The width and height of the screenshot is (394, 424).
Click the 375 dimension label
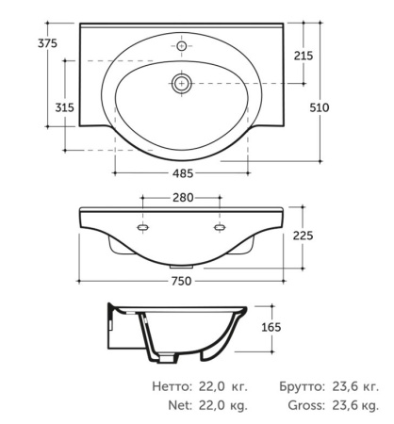tap(48, 43)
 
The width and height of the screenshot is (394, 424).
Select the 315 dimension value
tap(65, 107)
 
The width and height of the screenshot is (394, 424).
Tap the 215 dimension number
tap(304, 56)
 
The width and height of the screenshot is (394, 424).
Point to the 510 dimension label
tap(320, 107)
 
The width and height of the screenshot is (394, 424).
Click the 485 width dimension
tap(183, 173)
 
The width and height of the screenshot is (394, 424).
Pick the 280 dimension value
tap(183, 198)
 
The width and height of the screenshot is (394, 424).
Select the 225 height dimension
tap(304, 236)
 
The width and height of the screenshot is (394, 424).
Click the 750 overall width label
tap(182, 281)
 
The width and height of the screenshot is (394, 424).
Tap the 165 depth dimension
tap(271, 327)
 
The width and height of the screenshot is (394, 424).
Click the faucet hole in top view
tap(182, 46)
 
